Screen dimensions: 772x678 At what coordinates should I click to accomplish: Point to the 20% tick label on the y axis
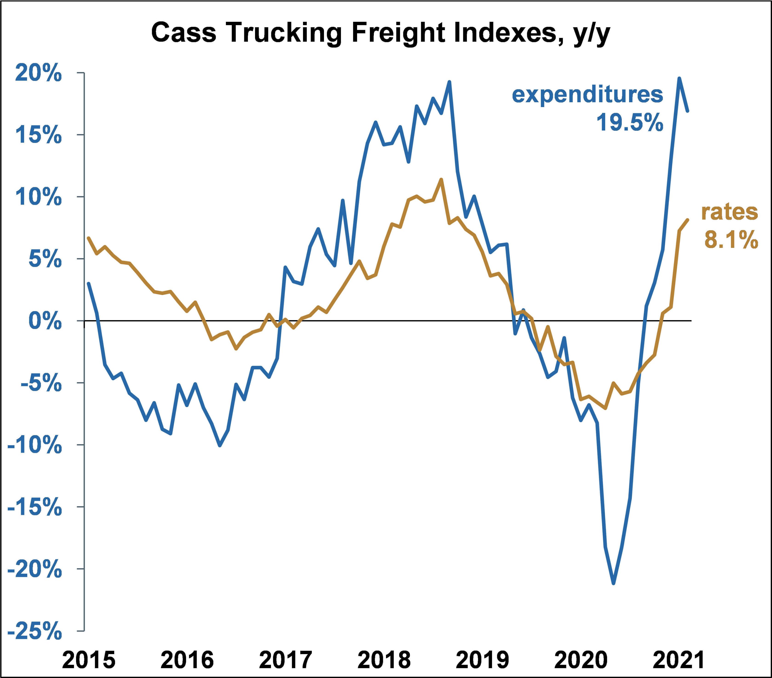(x=38, y=73)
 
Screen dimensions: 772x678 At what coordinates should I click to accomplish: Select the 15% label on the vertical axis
(x=38, y=135)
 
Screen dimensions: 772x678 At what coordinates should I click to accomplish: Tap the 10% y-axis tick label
(x=38, y=197)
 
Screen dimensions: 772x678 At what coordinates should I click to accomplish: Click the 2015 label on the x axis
(x=89, y=659)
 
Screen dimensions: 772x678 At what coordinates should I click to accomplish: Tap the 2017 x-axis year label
(x=286, y=659)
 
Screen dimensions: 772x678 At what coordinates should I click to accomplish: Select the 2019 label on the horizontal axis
(x=483, y=659)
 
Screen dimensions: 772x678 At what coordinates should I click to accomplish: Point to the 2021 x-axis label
(x=679, y=659)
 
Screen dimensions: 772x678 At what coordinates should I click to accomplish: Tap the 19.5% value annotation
(x=630, y=122)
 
